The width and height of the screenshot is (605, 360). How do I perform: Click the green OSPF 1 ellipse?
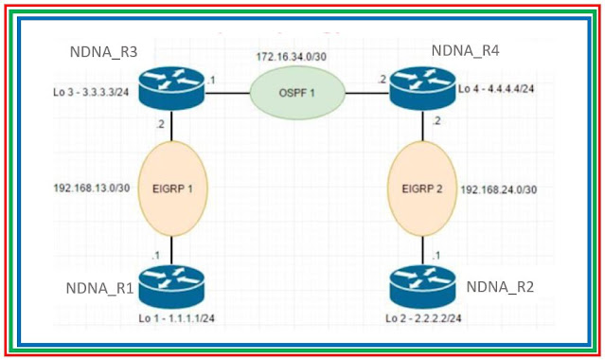pos(295,94)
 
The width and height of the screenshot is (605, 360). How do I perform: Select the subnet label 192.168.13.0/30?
pos(92,189)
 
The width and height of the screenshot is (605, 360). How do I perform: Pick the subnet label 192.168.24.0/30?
pos(501,189)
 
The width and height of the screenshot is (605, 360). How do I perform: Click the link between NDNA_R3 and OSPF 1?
pos(226,94)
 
